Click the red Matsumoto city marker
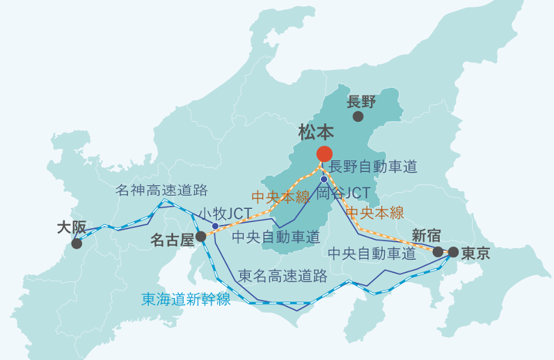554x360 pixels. pos(324,154)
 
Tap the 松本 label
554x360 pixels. pos(316,132)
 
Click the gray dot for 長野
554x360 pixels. pos(358,117)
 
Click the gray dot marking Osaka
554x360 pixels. pos(77,244)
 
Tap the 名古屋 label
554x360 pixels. pos(172,240)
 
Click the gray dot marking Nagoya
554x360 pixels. pos(200,237)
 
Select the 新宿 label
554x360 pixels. pos(426,235)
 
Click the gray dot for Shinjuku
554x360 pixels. pos(438,252)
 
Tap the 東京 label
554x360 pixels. pos(475,253)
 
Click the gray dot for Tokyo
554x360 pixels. pos(453,252)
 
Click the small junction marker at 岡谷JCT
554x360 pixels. pos(324,180)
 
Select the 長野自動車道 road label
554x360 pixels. pos(373,166)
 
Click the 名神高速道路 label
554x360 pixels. pos(161,189)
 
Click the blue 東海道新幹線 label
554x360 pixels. pos(186,299)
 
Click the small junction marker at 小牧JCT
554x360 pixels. pos(215,226)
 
